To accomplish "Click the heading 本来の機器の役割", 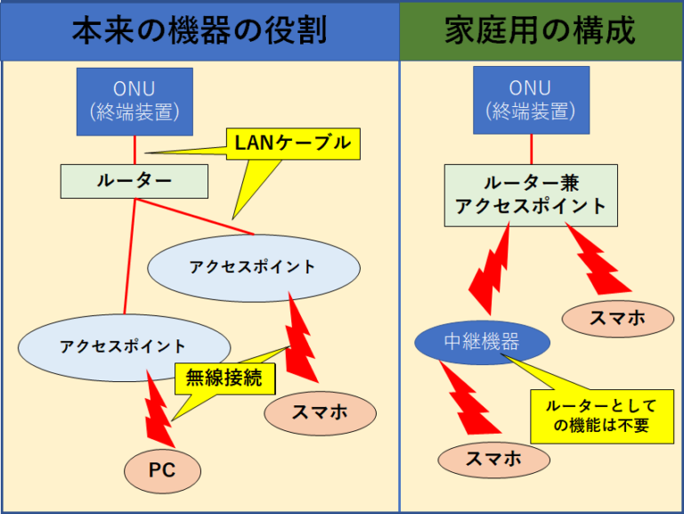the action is (199, 31).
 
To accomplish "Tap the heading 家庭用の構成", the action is (540, 31).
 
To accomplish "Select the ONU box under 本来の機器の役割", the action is (134, 102).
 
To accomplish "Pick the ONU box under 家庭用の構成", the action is (532, 101).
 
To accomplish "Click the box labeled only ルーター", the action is (134, 182).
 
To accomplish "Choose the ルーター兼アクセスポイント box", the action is (532, 195).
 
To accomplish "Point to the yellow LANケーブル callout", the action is (293, 144).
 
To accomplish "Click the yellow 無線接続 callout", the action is (225, 379).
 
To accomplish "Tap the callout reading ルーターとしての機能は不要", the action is (602, 416).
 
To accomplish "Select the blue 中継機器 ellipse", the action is (482, 343).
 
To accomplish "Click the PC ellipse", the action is (162, 471).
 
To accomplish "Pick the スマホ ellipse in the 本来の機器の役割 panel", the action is (321, 413).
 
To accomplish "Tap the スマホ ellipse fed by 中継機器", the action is (493, 460).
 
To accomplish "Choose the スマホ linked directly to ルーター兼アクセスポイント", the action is (618, 319).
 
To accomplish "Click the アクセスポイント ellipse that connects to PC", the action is (125, 347).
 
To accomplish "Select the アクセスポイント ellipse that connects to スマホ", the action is (254, 268).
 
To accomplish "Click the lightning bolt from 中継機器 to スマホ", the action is (469, 398).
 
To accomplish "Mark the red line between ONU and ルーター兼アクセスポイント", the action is (532, 150).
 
